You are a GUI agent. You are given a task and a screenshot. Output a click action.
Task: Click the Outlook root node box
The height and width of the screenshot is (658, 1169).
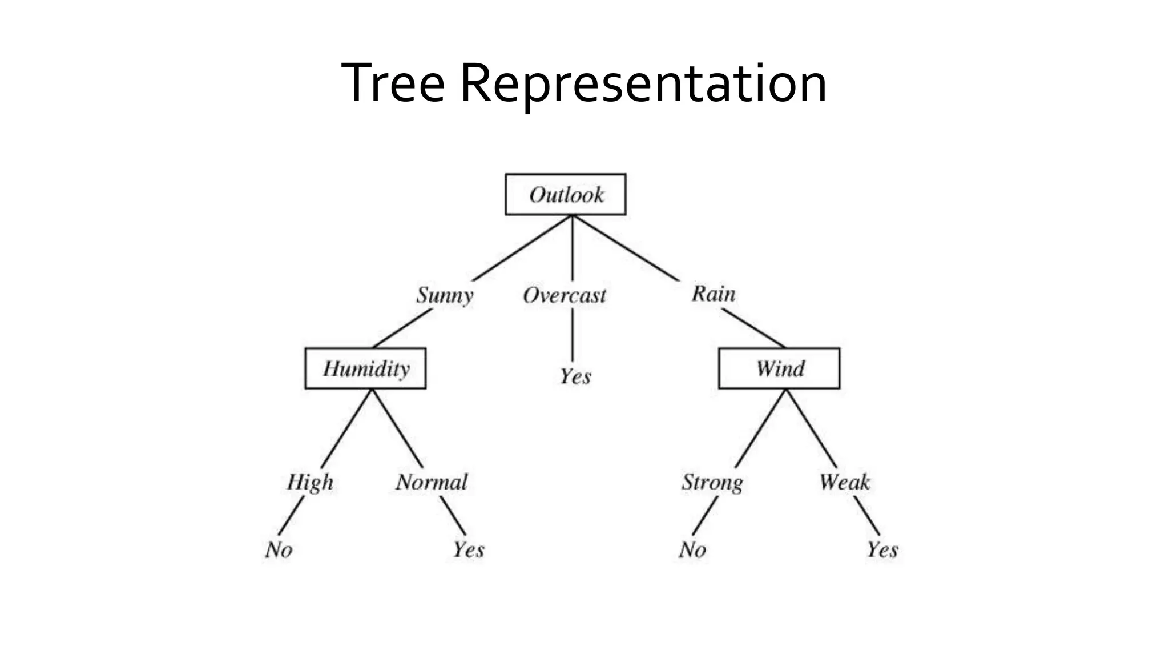pyautogui.click(x=565, y=195)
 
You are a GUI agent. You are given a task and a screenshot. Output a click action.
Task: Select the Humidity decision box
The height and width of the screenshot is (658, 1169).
pyautogui.click(x=365, y=368)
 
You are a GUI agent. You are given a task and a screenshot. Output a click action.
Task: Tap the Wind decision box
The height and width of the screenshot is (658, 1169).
pyautogui.click(x=779, y=368)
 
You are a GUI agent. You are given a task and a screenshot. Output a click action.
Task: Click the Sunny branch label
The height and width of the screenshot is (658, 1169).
pyautogui.click(x=445, y=295)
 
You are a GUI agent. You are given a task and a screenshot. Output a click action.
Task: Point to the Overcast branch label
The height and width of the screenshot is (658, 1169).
pyautogui.click(x=564, y=295)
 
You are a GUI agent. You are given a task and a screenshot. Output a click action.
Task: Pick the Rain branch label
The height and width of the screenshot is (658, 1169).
pyautogui.click(x=714, y=294)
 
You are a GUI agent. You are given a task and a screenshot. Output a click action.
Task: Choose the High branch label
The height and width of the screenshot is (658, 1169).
pyautogui.click(x=310, y=482)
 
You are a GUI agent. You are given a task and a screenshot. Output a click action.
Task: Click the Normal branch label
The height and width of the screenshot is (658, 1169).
pyautogui.click(x=432, y=482)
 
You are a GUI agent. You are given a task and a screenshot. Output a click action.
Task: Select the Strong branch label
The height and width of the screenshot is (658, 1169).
pyautogui.click(x=712, y=482)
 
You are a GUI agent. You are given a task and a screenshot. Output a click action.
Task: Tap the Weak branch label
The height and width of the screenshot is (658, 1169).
pyautogui.click(x=845, y=482)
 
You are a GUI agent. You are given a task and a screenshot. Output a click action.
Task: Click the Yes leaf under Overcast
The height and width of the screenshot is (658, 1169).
pyautogui.click(x=575, y=376)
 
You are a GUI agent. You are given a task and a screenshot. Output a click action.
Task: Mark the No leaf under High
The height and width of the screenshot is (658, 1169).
pyautogui.click(x=279, y=549)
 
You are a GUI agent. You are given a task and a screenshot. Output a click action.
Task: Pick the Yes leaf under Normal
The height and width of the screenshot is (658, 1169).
pyautogui.click(x=469, y=549)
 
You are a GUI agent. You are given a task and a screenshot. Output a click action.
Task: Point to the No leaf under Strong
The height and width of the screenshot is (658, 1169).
pyautogui.click(x=692, y=549)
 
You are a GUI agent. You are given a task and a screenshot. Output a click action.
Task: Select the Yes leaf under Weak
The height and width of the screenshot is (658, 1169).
pyautogui.click(x=882, y=549)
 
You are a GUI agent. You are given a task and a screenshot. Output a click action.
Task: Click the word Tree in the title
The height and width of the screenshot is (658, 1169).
pyautogui.click(x=393, y=83)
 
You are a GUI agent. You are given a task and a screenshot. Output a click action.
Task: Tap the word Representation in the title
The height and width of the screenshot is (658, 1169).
pyautogui.click(x=643, y=83)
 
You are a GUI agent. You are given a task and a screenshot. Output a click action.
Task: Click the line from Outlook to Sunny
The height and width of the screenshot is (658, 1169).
pyautogui.click(x=522, y=248)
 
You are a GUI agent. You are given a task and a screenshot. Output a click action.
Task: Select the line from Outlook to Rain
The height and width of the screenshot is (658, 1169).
pyautogui.click(x=626, y=248)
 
